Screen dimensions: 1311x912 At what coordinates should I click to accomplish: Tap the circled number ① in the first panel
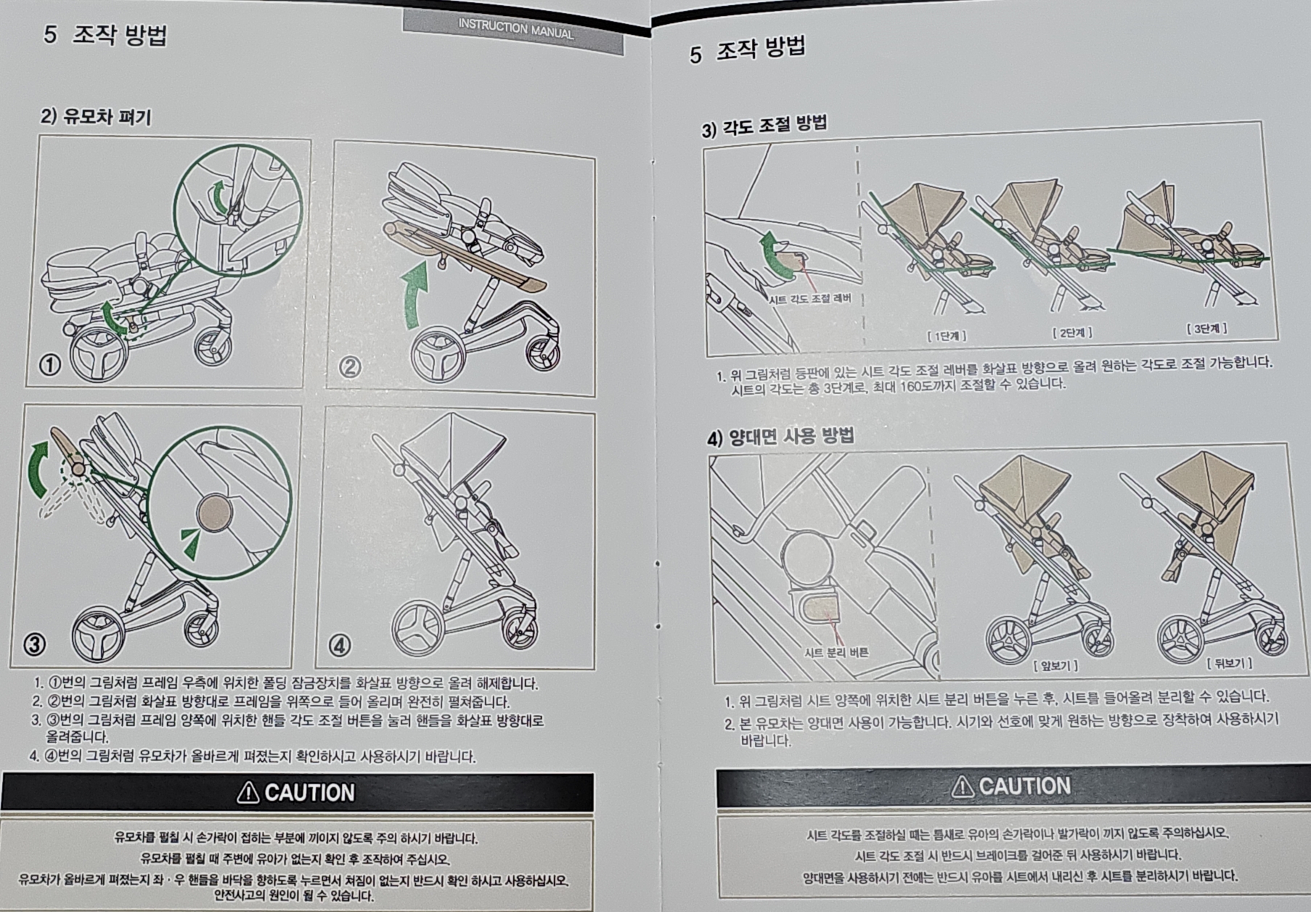[50, 364]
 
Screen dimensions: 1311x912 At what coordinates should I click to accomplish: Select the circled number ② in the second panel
[350, 367]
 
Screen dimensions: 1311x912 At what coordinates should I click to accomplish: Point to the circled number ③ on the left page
[35, 643]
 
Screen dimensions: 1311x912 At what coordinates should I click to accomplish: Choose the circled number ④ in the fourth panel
[339, 645]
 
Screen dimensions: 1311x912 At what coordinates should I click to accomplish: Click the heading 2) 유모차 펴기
[96, 116]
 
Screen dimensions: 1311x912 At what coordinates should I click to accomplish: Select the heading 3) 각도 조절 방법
[764, 126]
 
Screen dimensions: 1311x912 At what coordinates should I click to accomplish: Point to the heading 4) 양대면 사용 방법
[780, 436]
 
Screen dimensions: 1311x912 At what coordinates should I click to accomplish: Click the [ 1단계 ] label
[947, 335]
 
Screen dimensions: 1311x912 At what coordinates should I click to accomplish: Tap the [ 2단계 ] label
[1072, 333]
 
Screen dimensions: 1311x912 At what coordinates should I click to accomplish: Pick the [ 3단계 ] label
[1206, 329]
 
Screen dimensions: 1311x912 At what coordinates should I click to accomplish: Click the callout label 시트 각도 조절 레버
[809, 298]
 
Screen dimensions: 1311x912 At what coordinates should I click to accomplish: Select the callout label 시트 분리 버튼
[836, 652]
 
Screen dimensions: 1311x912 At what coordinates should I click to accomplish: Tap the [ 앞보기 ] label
[1055, 665]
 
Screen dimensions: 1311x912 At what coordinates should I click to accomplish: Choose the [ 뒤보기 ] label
[1229, 663]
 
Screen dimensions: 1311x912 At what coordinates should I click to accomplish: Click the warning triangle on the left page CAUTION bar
[248, 792]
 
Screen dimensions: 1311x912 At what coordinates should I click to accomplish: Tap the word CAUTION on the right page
[1024, 786]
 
